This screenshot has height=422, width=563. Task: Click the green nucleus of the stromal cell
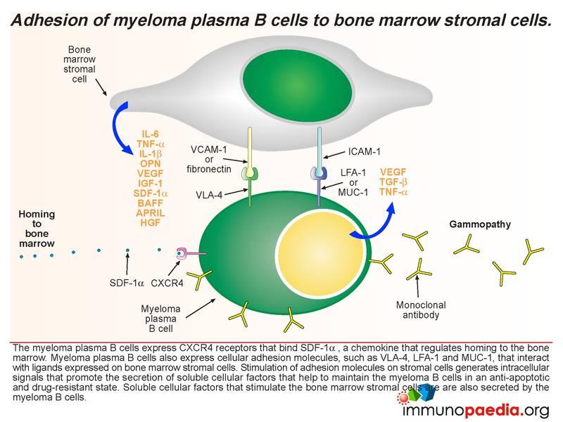297,84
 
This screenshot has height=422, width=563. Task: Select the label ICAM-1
364,152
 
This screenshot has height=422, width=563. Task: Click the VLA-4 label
209,195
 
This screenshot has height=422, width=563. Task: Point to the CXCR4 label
167,283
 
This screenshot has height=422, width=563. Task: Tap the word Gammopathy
480,224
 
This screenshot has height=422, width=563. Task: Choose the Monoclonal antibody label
421,309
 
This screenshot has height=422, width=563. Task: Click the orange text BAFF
151,203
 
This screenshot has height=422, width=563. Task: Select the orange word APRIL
151,213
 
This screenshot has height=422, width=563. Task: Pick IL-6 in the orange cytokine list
151,134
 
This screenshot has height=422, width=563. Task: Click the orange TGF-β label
393,182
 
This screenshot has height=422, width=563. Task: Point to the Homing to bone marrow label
37,229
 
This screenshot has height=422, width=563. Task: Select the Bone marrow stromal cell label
80,64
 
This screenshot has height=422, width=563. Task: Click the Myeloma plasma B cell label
160,319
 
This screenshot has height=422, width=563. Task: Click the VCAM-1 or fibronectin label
208,159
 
